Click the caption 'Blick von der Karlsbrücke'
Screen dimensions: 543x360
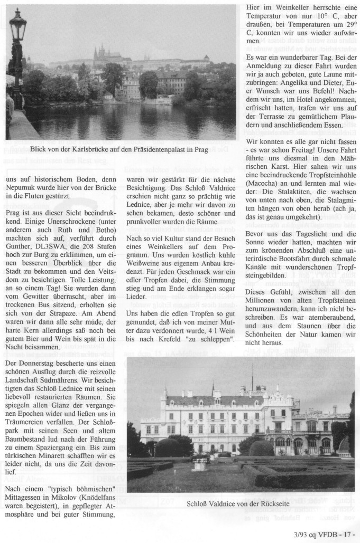119,149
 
